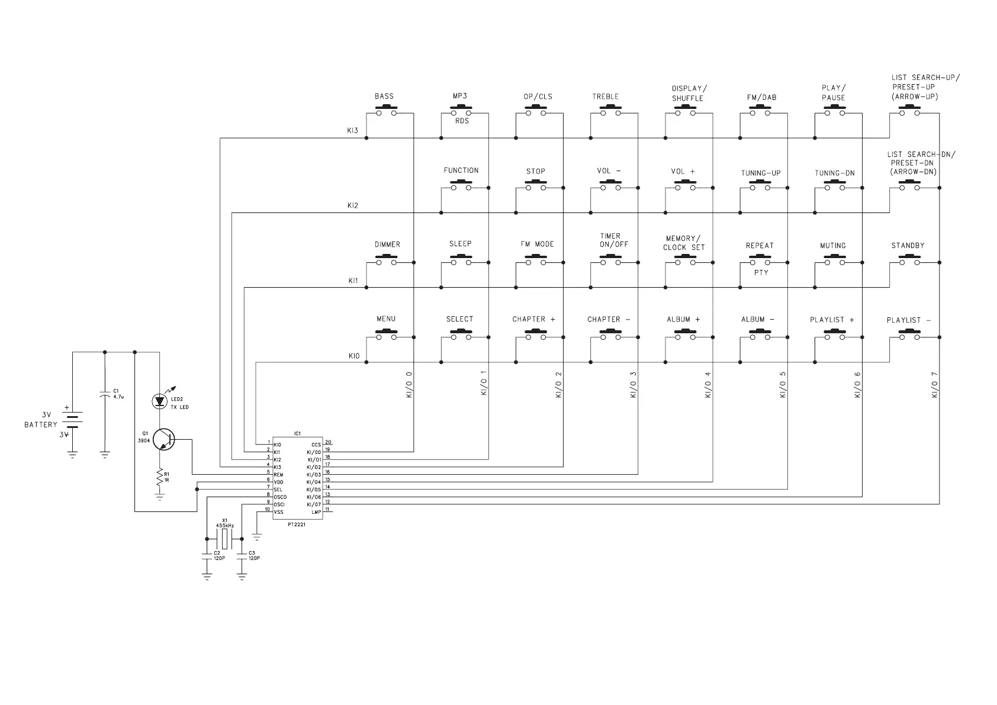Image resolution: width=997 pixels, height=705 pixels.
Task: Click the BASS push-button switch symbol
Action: coord(386,111)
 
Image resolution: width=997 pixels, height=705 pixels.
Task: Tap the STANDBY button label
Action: coord(908,246)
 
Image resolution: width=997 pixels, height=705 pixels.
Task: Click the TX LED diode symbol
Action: coord(159,401)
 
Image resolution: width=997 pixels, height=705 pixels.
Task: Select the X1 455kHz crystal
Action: coord(224,539)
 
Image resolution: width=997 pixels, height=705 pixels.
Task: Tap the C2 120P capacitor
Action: coord(207,556)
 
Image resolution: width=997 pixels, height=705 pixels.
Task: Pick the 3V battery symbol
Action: coord(72,419)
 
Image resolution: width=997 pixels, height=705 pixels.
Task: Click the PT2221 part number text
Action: coord(297,524)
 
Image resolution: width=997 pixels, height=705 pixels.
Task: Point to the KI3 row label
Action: coord(353,131)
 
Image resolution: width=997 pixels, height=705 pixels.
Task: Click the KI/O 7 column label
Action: coord(935,385)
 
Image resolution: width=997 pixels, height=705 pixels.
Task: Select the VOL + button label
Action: coord(683,171)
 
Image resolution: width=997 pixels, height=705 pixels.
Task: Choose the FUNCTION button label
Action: coord(461,170)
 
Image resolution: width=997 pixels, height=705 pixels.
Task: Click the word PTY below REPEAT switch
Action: coord(761,273)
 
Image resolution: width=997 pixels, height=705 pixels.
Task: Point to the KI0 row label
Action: coord(353,356)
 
